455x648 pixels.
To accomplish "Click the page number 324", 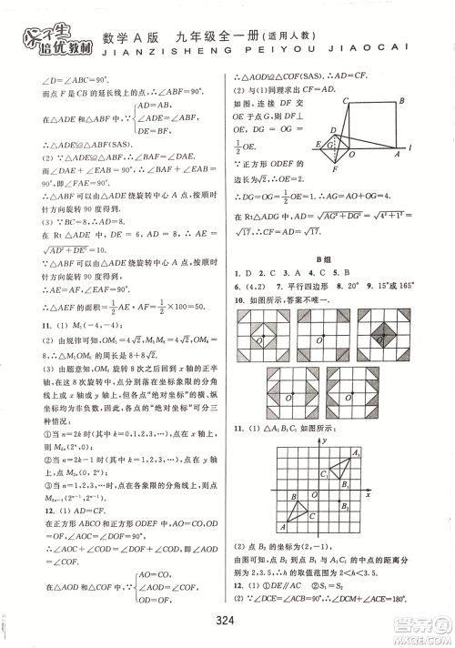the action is point(227,621).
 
